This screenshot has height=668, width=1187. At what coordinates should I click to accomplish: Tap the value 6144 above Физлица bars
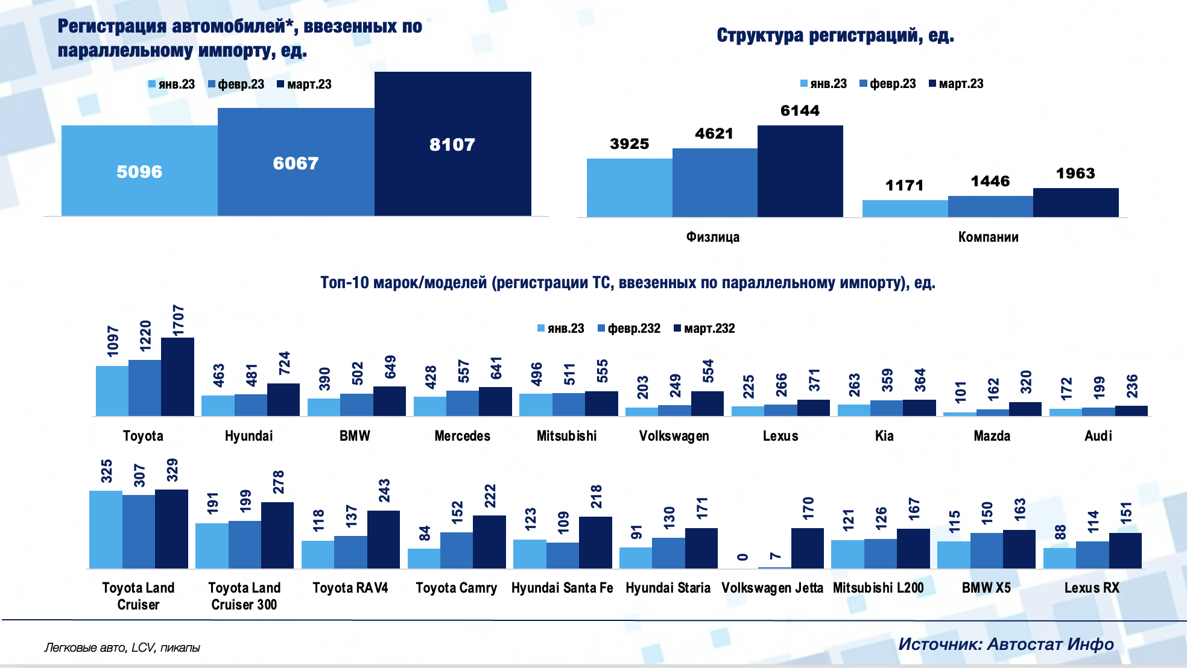click(x=800, y=111)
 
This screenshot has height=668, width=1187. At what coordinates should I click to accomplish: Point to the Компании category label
click(x=988, y=237)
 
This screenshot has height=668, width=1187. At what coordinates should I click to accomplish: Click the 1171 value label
click(x=904, y=185)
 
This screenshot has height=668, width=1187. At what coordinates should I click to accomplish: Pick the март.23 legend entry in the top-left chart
click(x=305, y=84)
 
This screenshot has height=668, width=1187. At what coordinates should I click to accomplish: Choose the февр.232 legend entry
click(x=629, y=329)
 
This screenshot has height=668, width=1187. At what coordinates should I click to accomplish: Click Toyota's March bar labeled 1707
click(x=177, y=377)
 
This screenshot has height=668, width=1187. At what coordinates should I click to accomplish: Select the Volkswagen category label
click(x=674, y=436)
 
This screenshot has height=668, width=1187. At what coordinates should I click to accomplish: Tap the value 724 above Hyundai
click(x=284, y=364)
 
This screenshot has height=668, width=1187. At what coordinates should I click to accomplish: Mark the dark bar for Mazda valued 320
click(x=1025, y=409)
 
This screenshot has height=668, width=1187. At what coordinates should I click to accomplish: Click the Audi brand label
click(x=1098, y=436)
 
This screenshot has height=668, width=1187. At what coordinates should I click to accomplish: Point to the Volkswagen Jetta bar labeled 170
click(x=807, y=548)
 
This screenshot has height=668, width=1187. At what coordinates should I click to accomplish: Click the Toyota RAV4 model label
click(x=350, y=588)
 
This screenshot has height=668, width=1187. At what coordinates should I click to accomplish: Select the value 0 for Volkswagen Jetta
click(x=742, y=557)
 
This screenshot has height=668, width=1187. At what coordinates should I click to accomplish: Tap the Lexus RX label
click(x=1091, y=588)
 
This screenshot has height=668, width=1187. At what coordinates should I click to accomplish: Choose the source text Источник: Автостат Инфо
click(x=1005, y=644)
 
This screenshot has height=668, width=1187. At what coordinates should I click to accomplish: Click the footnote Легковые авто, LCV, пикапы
click(x=122, y=648)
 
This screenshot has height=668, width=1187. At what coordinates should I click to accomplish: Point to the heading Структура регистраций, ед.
click(x=835, y=36)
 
